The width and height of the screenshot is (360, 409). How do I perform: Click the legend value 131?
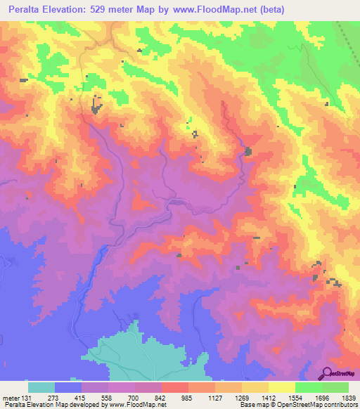pos(27,396)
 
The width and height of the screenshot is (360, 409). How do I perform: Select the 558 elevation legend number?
pos(107,396)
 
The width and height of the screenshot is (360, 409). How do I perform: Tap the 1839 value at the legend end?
pos(348,396)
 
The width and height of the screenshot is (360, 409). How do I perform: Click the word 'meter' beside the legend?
pos(11,396)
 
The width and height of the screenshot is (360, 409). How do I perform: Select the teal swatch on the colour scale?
pos(41,387)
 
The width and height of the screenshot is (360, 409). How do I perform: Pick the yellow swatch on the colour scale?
pos(282,387)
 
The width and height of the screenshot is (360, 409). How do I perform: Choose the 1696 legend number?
pos(321,396)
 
